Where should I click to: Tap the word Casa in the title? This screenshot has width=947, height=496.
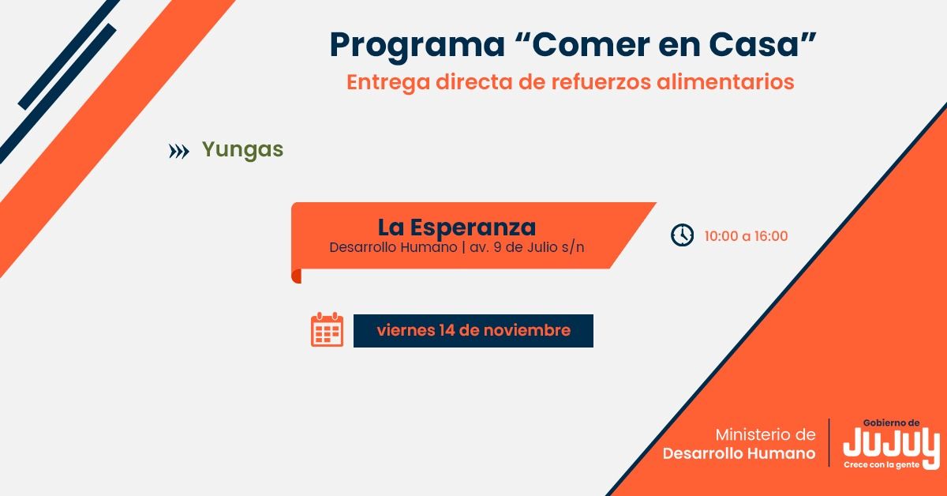pos(754,44)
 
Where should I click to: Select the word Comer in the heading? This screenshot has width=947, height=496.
pos(591,44)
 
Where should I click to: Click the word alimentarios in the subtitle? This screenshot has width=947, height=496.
pos(725,81)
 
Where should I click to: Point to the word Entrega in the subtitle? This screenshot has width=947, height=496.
pos(388,83)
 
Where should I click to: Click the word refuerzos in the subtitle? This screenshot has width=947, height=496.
pos(601,81)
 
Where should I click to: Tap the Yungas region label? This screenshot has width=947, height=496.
pos(243,150)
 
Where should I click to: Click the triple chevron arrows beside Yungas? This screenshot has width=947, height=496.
pos(179,151)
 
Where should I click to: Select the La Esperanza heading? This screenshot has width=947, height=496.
pos(457,227)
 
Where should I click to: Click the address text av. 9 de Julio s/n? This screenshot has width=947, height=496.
pos(527,247)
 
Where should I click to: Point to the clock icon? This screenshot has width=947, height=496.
pos(682,235)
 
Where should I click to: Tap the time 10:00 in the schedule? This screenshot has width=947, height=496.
pos(721,236)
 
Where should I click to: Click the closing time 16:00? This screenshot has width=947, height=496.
pos(772,236)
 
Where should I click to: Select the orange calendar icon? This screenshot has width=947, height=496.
pos(328,329)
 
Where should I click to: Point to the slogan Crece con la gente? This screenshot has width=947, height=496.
pos(881,464)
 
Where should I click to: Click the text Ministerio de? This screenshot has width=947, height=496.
pos(765,434)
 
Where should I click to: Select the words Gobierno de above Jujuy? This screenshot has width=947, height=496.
pos(891,423)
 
